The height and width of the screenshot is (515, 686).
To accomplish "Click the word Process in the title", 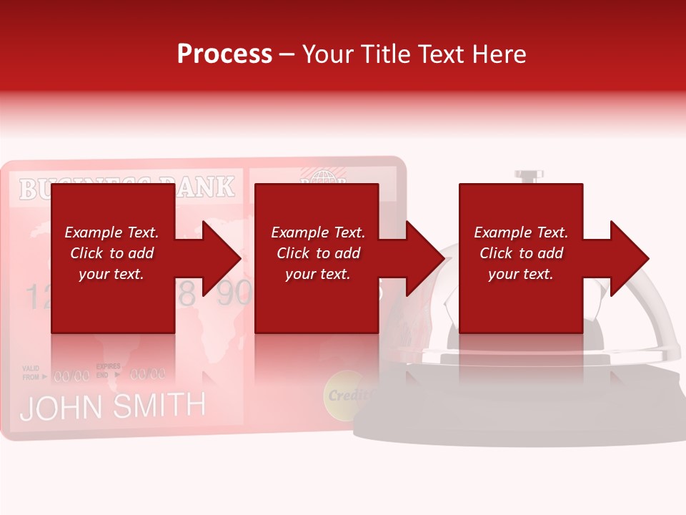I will point(224,54).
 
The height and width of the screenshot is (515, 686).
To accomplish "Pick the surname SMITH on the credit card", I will point(159,406).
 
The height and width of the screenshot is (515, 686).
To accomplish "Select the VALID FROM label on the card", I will point(31,372).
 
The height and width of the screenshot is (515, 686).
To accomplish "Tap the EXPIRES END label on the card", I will point(108,370).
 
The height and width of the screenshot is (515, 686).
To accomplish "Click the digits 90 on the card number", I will point(233,294).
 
